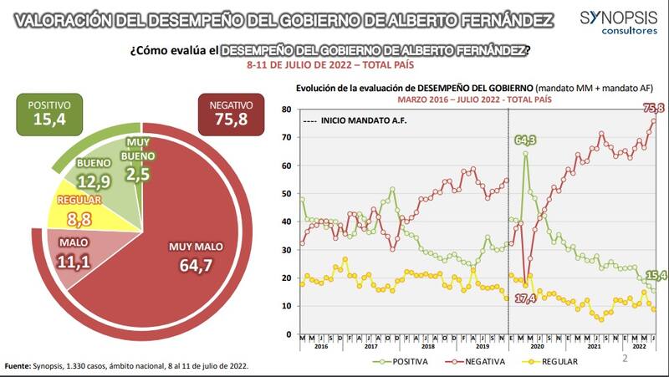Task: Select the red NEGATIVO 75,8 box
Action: (232, 115)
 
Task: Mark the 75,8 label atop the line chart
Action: (653, 108)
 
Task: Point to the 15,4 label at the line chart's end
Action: (655, 274)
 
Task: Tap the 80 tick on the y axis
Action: (286, 110)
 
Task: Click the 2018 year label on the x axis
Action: (428, 346)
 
